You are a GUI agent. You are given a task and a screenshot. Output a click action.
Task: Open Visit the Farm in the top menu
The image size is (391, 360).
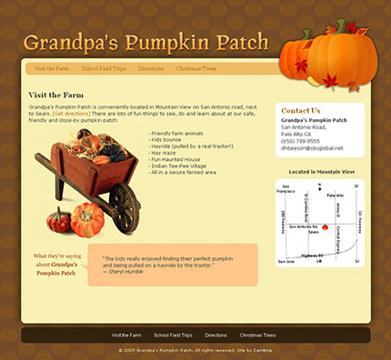[52, 68]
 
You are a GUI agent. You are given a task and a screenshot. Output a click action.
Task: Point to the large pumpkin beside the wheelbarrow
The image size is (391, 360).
[87, 219]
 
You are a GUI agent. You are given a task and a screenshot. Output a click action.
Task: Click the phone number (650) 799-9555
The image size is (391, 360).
[300, 141]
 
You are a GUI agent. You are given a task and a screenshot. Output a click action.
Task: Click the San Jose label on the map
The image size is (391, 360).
[286, 260]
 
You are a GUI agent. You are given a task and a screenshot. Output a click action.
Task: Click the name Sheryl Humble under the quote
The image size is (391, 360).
[125, 271]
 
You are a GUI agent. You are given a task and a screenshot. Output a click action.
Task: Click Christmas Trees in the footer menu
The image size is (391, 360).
[257, 335]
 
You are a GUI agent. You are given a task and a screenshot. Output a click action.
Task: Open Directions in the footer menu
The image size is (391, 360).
[216, 335]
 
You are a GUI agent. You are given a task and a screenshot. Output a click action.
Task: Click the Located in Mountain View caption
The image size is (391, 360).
[320, 171]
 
